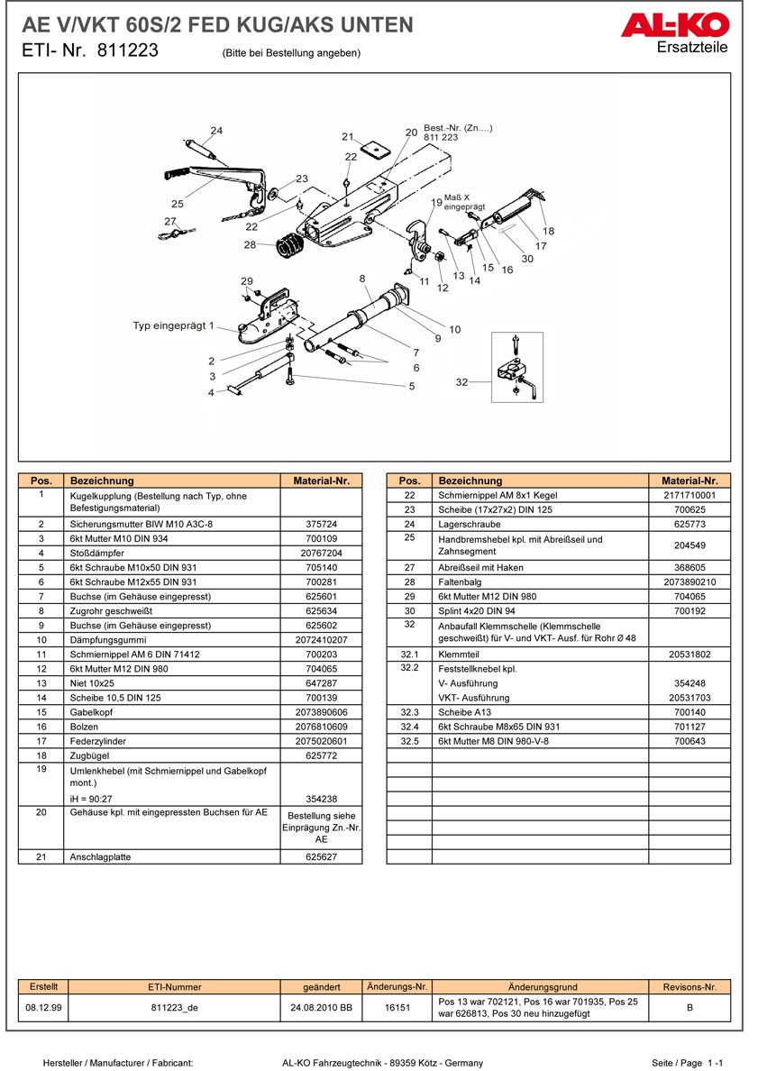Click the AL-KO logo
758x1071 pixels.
[673, 24]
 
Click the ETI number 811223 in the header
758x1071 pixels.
[123, 51]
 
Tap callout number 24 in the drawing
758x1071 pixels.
[216, 131]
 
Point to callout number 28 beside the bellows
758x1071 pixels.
[250, 245]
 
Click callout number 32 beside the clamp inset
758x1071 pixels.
[461, 383]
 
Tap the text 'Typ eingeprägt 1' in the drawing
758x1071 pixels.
[173, 325]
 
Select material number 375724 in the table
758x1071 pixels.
[321, 524]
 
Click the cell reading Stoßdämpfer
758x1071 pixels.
[95, 553]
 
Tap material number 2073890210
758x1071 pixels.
[690, 582]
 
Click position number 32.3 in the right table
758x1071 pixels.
[410, 712]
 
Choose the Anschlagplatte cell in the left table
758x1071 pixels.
[100, 857]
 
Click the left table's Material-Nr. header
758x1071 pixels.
[321, 481]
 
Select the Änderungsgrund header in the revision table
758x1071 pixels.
[543, 987]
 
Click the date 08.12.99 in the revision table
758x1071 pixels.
[43, 1007]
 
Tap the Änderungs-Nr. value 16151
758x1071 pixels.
[397, 1007]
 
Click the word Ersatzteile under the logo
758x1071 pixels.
[692, 48]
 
